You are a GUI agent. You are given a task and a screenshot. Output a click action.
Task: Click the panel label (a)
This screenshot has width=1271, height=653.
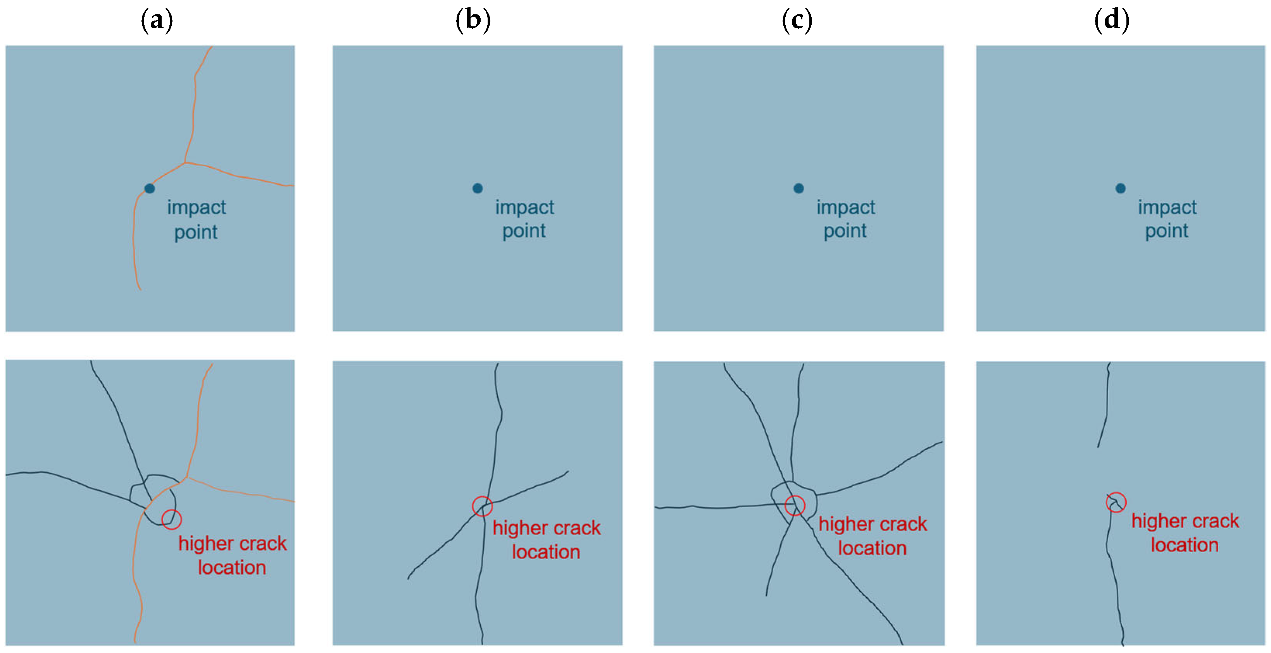[x=157, y=20]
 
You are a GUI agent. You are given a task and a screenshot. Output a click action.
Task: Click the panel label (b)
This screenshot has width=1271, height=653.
[x=473, y=20]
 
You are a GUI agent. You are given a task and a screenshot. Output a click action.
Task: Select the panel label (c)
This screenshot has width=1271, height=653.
[x=797, y=20]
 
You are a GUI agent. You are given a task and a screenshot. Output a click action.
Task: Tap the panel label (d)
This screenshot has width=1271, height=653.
[x=1112, y=20]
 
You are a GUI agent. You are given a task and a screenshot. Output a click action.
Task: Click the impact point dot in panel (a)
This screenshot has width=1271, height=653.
[x=150, y=188]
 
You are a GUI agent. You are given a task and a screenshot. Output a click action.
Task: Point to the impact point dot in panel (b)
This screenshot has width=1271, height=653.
[x=477, y=188]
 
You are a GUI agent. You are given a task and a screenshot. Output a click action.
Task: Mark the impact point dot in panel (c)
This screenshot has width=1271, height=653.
[x=798, y=188]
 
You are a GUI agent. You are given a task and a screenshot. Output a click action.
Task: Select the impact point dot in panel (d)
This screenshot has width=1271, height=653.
[x=1121, y=188]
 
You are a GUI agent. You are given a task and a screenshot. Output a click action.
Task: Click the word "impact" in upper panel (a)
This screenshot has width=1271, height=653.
[x=197, y=208]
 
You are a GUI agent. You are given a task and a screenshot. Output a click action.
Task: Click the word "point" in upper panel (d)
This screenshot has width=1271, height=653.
[x=1166, y=231]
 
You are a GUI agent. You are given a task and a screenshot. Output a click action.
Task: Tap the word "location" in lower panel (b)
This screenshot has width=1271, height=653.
[x=546, y=552]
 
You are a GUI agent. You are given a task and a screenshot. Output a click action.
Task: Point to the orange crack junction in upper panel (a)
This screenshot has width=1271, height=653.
[x=185, y=162]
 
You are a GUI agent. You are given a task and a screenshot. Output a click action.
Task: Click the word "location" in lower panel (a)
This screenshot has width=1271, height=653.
[x=232, y=568]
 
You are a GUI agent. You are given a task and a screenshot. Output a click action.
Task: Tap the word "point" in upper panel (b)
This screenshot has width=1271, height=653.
[x=524, y=231]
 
